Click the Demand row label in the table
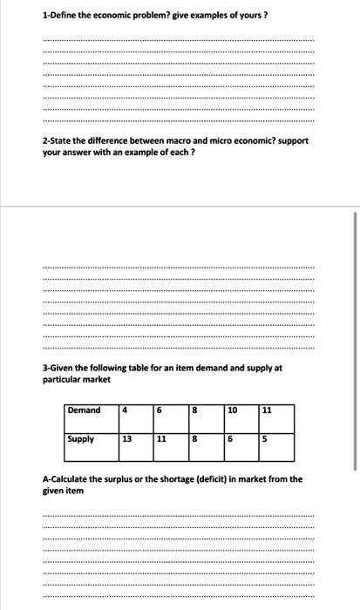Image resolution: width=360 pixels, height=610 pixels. coord(85,410)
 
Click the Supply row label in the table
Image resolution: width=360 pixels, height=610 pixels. coord(81,439)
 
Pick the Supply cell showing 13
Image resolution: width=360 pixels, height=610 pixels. coord(127,439)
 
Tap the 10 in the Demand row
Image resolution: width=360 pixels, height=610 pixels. coord(233,410)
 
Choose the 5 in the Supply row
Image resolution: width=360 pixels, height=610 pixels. coord(266,439)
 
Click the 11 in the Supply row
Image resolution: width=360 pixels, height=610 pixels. coord(162,439)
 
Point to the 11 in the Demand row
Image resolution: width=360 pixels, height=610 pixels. coord(267,410)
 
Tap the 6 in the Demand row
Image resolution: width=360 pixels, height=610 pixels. coord(160,410)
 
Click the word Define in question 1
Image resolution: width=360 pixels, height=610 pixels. coord(64,15)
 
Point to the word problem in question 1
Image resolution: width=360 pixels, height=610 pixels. coord(149,15)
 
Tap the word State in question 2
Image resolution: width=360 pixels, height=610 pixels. coord(61,140)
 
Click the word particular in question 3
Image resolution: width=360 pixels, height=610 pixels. coord(62,380)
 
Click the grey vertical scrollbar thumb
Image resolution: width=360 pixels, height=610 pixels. coord(355,349)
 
